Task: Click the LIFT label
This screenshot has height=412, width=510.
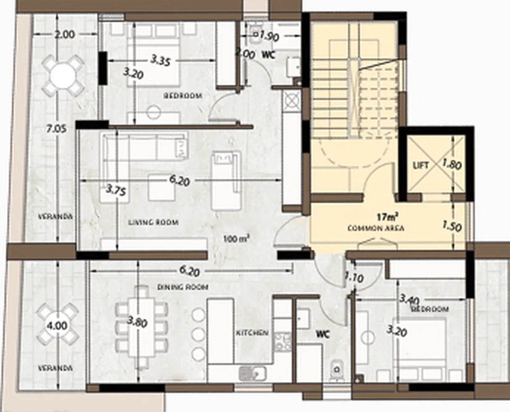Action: pyautogui.click(x=421, y=165)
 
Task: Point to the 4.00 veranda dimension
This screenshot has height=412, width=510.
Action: pyautogui.click(x=57, y=326)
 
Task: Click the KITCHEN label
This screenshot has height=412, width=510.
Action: pyautogui.click(x=252, y=333)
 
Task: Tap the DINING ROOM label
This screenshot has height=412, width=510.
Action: pyautogui.click(x=183, y=287)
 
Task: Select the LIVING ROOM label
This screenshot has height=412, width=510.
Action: pyautogui.click(x=153, y=222)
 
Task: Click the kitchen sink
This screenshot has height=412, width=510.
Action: pyautogui.click(x=253, y=373)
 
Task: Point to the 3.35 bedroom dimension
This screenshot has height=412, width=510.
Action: pyautogui.click(x=161, y=60)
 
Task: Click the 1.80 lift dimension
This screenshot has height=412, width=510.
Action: pyautogui.click(x=452, y=165)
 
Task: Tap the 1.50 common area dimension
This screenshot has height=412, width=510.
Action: pyautogui.click(x=452, y=226)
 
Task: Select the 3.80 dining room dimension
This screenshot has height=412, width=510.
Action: pyautogui.click(x=137, y=322)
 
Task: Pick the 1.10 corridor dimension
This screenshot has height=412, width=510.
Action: pyautogui.click(x=354, y=277)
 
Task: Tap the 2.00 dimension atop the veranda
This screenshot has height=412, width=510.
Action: pyautogui.click(x=65, y=34)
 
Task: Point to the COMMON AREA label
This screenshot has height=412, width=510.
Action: pyautogui.click(x=376, y=228)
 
